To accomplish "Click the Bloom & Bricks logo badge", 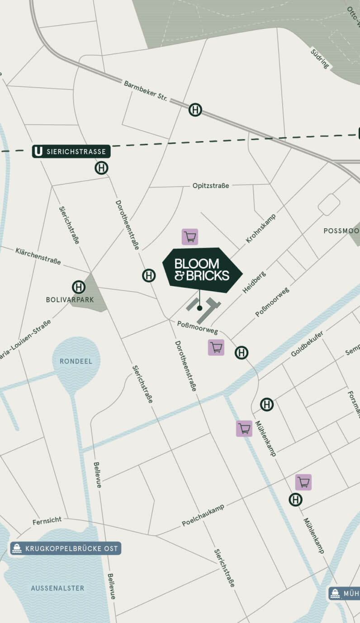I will (202, 270).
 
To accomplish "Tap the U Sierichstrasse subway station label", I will (71, 151).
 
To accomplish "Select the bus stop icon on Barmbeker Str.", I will (195, 110).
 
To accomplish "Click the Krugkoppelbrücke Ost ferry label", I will (66, 548).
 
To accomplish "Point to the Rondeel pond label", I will (76, 361).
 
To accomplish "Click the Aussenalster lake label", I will (57, 588).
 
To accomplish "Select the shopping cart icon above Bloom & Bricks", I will (190, 237).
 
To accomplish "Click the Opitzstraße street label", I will (211, 185).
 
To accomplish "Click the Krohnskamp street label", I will (261, 228).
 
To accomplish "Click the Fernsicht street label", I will (47, 521).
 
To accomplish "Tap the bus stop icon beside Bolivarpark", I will (79, 287).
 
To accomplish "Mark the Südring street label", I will (320, 59).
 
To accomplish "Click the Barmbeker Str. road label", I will (146, 90).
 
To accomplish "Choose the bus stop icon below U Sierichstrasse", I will (101, 168).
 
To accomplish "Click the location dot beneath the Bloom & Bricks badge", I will (199, 308).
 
